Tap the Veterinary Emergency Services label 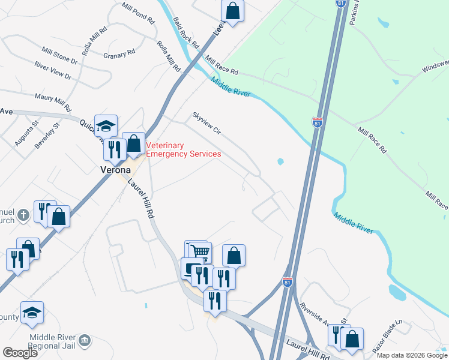coord(184,149)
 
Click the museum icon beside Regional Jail coord(85,341)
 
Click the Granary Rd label coord(119,55)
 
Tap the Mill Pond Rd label coord(137,13)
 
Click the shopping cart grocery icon coord(201,252)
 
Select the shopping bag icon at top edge coord(232,11)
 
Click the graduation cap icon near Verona coord(106,126)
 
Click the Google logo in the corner coord(20,353)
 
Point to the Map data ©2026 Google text coord(411,355)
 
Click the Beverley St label coord(56,134)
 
